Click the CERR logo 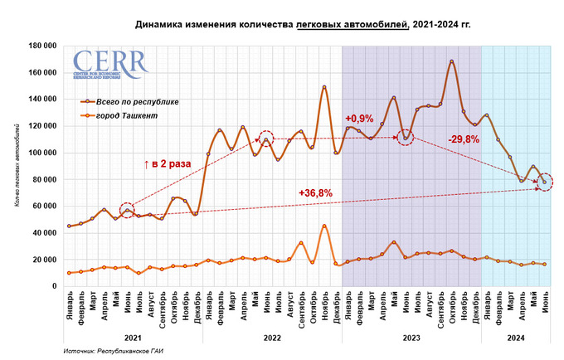tap(110, 66)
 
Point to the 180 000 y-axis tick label tap(41, 46)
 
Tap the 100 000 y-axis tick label tap(41, 153)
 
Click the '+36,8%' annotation tap(315, 193)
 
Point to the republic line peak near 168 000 tap(451, 61)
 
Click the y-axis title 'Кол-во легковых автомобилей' tap(17, 166)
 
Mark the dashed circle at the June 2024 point tap(544, 182)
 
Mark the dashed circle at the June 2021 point tap(127, 211)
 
